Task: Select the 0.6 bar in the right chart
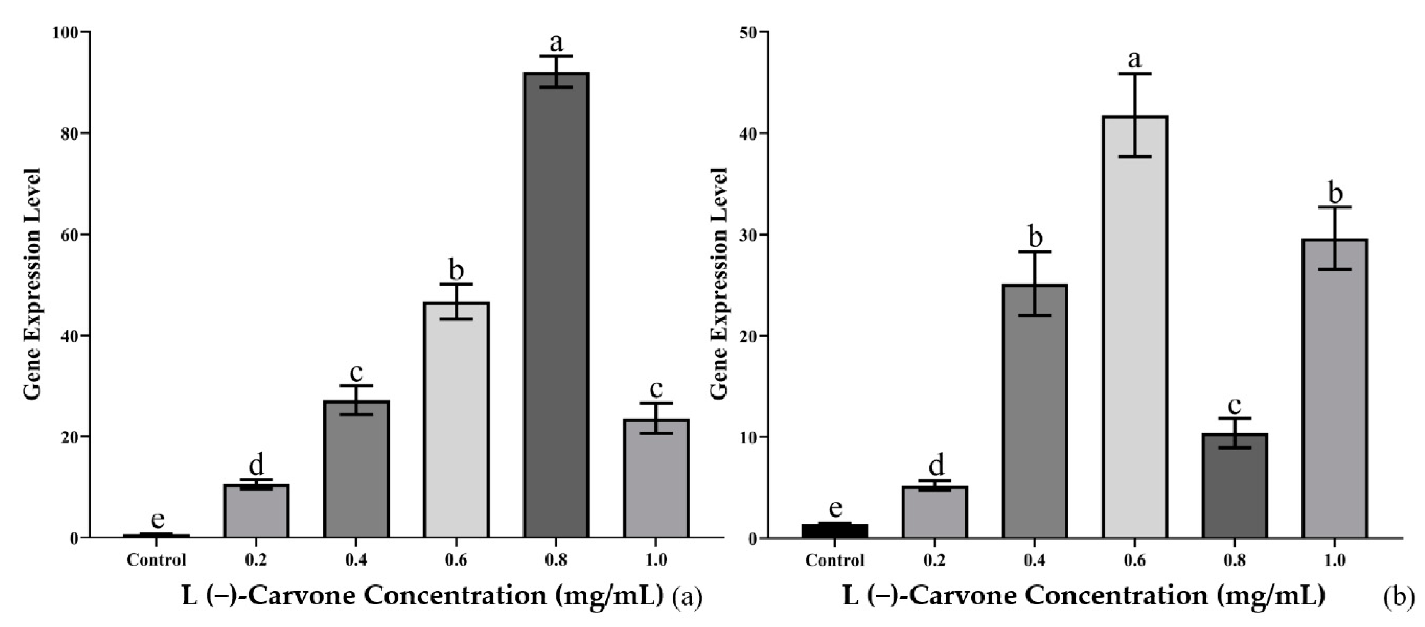pos(1135,326)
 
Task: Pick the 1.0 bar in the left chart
pos(656,478)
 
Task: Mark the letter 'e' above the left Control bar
pos(158,519)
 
